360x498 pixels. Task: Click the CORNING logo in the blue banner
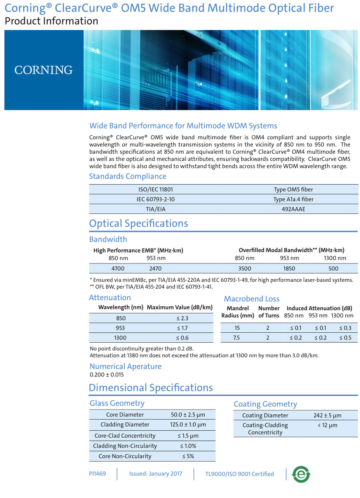pyautogui.click(x=44, y=70)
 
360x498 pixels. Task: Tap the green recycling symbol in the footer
pyautogui.click(x=301, y=474)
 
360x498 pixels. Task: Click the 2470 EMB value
pyautogui.click(x=156, y=269)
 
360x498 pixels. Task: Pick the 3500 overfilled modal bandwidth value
pyautogui.click(x=244, y=269)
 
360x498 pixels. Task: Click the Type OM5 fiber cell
pyautogui.click(x=293, y=189)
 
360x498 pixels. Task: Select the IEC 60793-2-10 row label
pyautogui.click(x=155, y=199)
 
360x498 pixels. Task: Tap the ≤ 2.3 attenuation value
pyautogui.click(x=182, y=318)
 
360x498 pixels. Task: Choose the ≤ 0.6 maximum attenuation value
pyautogui.click(x=182, y=338)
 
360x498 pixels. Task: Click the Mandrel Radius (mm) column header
pyautogui.click(x=238, y=312)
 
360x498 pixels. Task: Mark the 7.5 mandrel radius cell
pyautogui.click(x=236, y=338)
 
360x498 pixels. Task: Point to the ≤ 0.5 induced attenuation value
pyautogui.click(x=345, y=338)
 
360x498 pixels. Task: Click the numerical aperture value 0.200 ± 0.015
pyautogui.click(x=107, y=375)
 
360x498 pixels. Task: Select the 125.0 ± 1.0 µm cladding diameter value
pyautogui.click(x=188, y=425)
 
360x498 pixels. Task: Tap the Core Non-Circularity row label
pyautogui.click(x=125, y=456)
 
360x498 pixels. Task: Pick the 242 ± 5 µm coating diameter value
pyautogui.click(x=327, y=416)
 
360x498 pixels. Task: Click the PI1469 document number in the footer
pyautogui.click(x=98, y=474)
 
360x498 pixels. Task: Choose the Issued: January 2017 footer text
pyautogui.click(x=156, y=474)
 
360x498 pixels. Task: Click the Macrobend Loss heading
pyautogui.click(x=252, y=299)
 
